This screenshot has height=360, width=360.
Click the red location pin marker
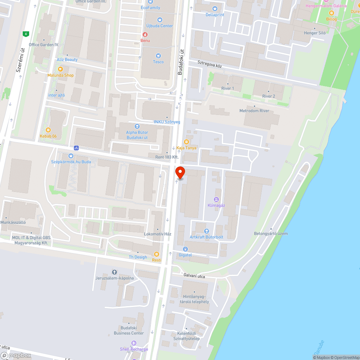180,172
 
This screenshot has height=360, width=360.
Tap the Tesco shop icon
158,55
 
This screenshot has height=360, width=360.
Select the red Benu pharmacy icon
145,35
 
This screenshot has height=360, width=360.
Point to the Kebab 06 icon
48,130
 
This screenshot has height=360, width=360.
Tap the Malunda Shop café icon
60,69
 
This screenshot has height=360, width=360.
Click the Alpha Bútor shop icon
137,126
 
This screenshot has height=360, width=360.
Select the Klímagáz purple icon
216,199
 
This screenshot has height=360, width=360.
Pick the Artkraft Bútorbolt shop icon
206,231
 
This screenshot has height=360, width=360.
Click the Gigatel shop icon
185,249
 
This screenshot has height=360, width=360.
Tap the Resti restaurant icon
156,254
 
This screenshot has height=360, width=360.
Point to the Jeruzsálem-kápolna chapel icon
114,272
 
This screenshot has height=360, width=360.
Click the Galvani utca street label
194,276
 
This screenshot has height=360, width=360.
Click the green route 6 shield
26,34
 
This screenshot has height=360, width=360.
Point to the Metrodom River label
254,111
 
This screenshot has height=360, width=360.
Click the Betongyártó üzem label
271,234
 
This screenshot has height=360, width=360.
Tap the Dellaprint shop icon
215,9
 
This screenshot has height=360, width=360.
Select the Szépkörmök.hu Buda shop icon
71,156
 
